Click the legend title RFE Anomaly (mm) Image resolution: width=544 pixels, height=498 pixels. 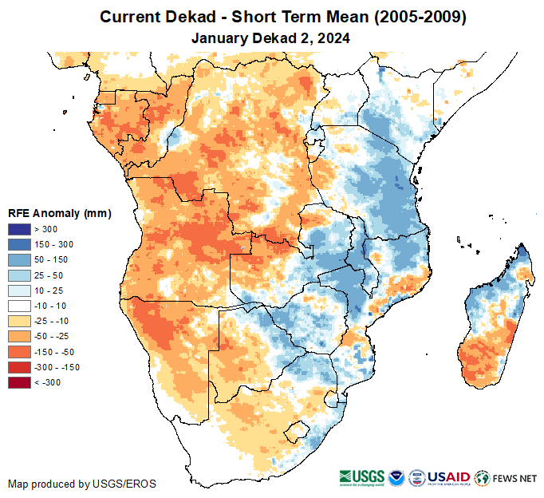click(59, 213)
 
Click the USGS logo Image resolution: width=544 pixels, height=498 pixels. click(364, 477)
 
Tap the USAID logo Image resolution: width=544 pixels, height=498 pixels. click(448, 477)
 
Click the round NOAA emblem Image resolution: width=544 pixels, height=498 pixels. click(396, 477)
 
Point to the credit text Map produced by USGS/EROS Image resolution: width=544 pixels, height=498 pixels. click(82, 484)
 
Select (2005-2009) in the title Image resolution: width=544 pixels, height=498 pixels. click(415, 17)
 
